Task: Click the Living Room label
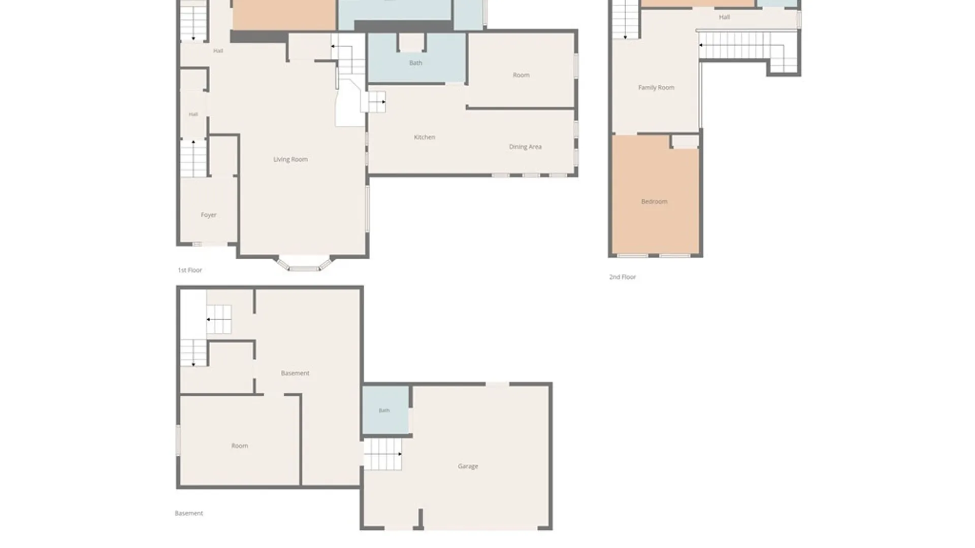pos(290,159)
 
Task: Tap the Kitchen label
pos(425,137)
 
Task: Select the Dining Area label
pos(525,147)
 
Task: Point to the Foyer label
pos(209,215)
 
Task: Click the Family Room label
pos(656,87)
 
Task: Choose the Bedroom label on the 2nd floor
pos(654,201)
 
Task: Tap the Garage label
pos(468,466)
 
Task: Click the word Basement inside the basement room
pos(295,373)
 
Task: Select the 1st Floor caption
pos(190,270)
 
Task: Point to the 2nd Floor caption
pos(623,277)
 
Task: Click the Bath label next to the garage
pos(384,410)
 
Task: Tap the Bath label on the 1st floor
pos(415,63)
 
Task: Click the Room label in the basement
pos(240,446)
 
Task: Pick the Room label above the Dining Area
pos(521,75)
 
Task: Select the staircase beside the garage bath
pos(383,454)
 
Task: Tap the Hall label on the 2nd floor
pos(724,17)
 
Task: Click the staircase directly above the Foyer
pos(193,158)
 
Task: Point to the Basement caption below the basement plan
pos(189,513)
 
